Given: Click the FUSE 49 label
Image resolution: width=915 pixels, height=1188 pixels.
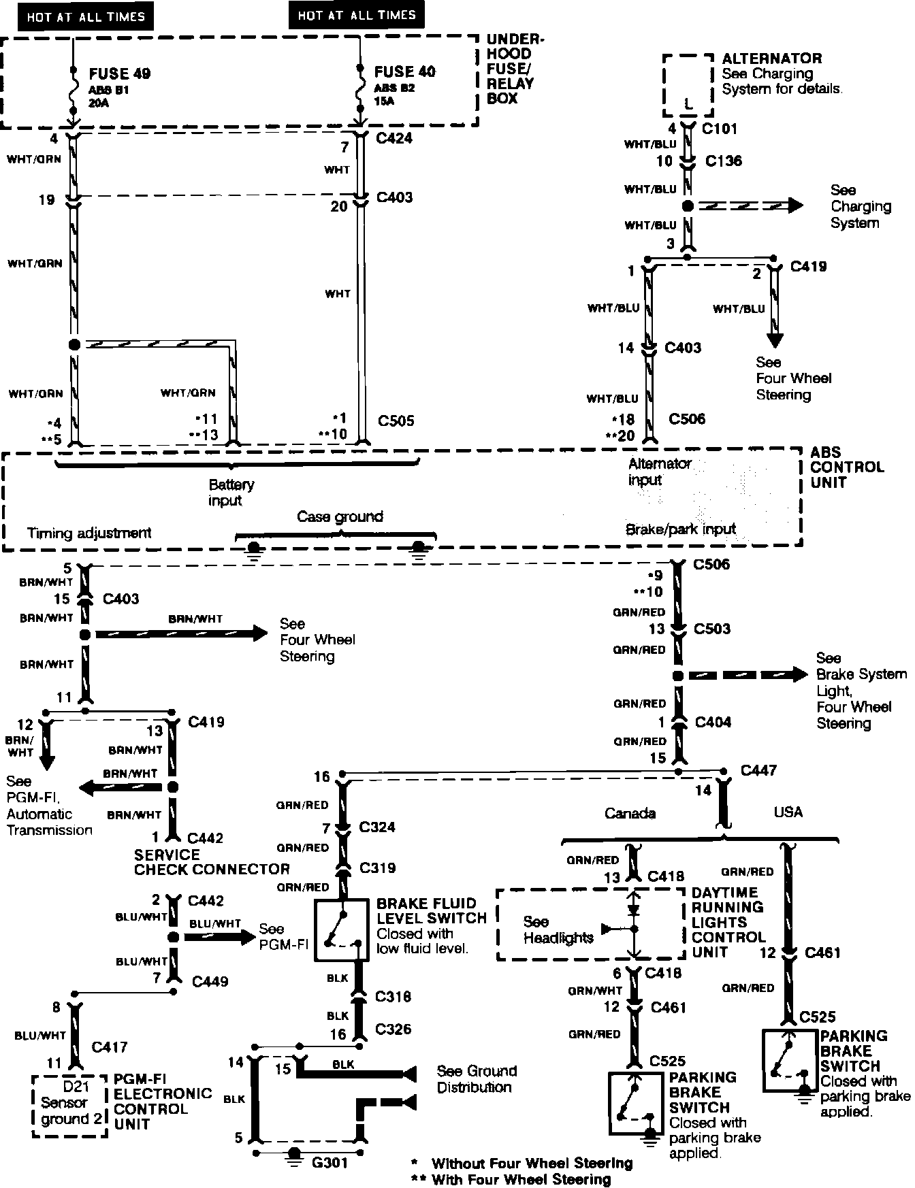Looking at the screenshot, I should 119,73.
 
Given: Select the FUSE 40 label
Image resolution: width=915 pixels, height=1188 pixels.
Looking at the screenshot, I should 404,71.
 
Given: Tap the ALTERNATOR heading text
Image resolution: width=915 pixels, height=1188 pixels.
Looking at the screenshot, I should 771,59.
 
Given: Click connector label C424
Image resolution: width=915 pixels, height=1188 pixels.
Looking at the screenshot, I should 394,139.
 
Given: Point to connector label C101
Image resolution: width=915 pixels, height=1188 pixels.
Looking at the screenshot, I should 720,129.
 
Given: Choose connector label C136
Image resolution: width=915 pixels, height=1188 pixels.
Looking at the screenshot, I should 724,161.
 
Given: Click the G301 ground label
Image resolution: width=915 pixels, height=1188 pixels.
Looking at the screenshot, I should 330,1162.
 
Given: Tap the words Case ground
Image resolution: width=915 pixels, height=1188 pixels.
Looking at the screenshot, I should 340,516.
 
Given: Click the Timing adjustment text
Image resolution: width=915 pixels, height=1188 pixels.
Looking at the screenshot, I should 89,533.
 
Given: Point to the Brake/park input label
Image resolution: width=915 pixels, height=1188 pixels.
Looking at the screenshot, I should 681,529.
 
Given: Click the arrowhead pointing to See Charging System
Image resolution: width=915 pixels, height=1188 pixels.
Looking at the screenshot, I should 794,205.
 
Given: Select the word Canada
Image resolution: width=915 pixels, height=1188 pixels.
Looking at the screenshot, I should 630,813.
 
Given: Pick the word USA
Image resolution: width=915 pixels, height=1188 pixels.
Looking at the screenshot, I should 788,812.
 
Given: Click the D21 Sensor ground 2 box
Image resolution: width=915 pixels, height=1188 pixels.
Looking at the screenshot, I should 69,1105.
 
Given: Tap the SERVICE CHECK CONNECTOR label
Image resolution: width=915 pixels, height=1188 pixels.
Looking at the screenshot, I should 212,862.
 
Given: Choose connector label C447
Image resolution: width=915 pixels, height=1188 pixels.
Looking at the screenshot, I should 758,770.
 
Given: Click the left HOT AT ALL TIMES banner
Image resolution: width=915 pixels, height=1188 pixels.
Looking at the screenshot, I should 86,17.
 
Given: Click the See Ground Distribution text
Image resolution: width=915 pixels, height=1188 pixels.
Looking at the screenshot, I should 477,1079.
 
